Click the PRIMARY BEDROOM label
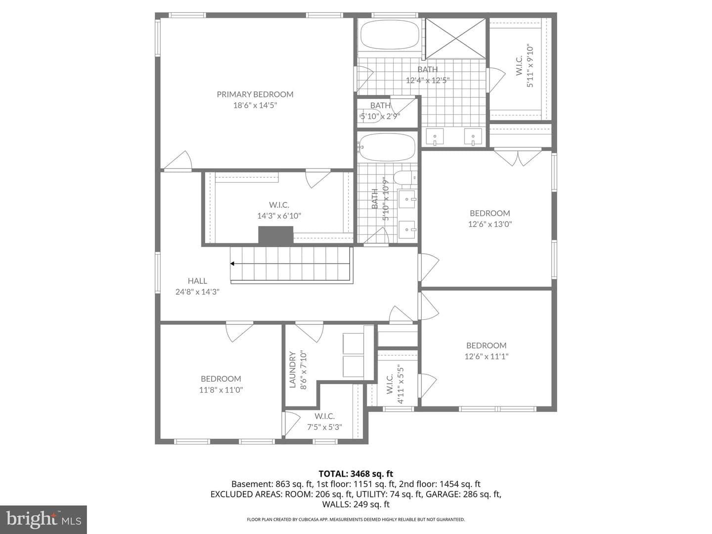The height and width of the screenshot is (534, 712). [255, 94]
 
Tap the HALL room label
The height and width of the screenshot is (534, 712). [197, 281]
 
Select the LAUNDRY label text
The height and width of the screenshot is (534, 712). [292, 370]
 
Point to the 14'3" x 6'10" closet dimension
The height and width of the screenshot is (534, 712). [279, 216]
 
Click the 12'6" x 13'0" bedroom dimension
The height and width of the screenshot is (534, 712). [490, 224]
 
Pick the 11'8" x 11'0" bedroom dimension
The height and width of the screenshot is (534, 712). [221, 390]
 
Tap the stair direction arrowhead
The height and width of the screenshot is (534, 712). [232, 264]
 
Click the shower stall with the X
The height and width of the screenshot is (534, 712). [455, 39]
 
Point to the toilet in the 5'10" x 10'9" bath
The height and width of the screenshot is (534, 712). [404, 178]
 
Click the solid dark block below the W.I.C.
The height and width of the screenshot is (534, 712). [276, 235]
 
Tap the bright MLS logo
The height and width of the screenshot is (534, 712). [44, 519]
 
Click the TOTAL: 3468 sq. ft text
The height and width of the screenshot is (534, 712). [356, 474]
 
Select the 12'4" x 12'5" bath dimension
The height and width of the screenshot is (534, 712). [428, 80]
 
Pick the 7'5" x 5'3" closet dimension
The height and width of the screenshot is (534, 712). [324, 427]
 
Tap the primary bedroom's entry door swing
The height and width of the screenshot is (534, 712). [178, 160]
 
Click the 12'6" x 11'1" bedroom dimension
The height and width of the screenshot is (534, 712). [486, 356]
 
